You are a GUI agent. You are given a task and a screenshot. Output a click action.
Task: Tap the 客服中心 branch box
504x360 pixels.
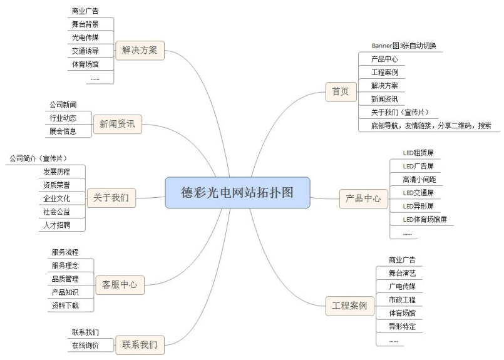(x=119, y=285)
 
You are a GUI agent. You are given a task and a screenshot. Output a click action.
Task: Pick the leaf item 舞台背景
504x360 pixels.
(x=85, y=24)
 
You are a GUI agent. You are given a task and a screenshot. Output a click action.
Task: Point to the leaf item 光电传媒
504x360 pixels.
(x=85, y=37)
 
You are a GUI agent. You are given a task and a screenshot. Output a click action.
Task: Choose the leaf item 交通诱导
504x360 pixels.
(x=85, y=51)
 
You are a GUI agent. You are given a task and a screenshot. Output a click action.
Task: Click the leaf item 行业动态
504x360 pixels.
(x=63, y=118)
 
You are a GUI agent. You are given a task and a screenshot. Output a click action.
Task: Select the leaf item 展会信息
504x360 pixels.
(x=63, y=131)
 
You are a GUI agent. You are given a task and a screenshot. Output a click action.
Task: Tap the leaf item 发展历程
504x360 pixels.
(x=56, y=172)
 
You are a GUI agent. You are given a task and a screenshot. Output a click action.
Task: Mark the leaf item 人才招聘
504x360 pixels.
(x=56, y=224)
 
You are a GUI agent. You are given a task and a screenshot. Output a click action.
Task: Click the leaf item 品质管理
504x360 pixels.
(x=65, y=279)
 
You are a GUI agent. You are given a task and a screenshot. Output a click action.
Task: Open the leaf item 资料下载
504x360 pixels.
(x=65, y=306)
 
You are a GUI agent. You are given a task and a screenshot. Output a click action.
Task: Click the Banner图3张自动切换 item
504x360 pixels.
(x=403, y=46)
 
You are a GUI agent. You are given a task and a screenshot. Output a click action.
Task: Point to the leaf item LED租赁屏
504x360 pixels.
(x=418, y=152)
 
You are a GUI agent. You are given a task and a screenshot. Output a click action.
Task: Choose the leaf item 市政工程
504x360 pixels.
(x=402, y=300)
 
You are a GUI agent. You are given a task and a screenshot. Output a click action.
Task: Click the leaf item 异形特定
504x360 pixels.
(x=402, y=326)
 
